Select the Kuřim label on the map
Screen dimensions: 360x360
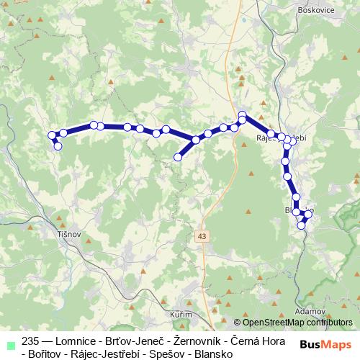(181, 315)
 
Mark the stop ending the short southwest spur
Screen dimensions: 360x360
(178, 156)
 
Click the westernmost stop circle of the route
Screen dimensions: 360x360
(51, 135)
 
